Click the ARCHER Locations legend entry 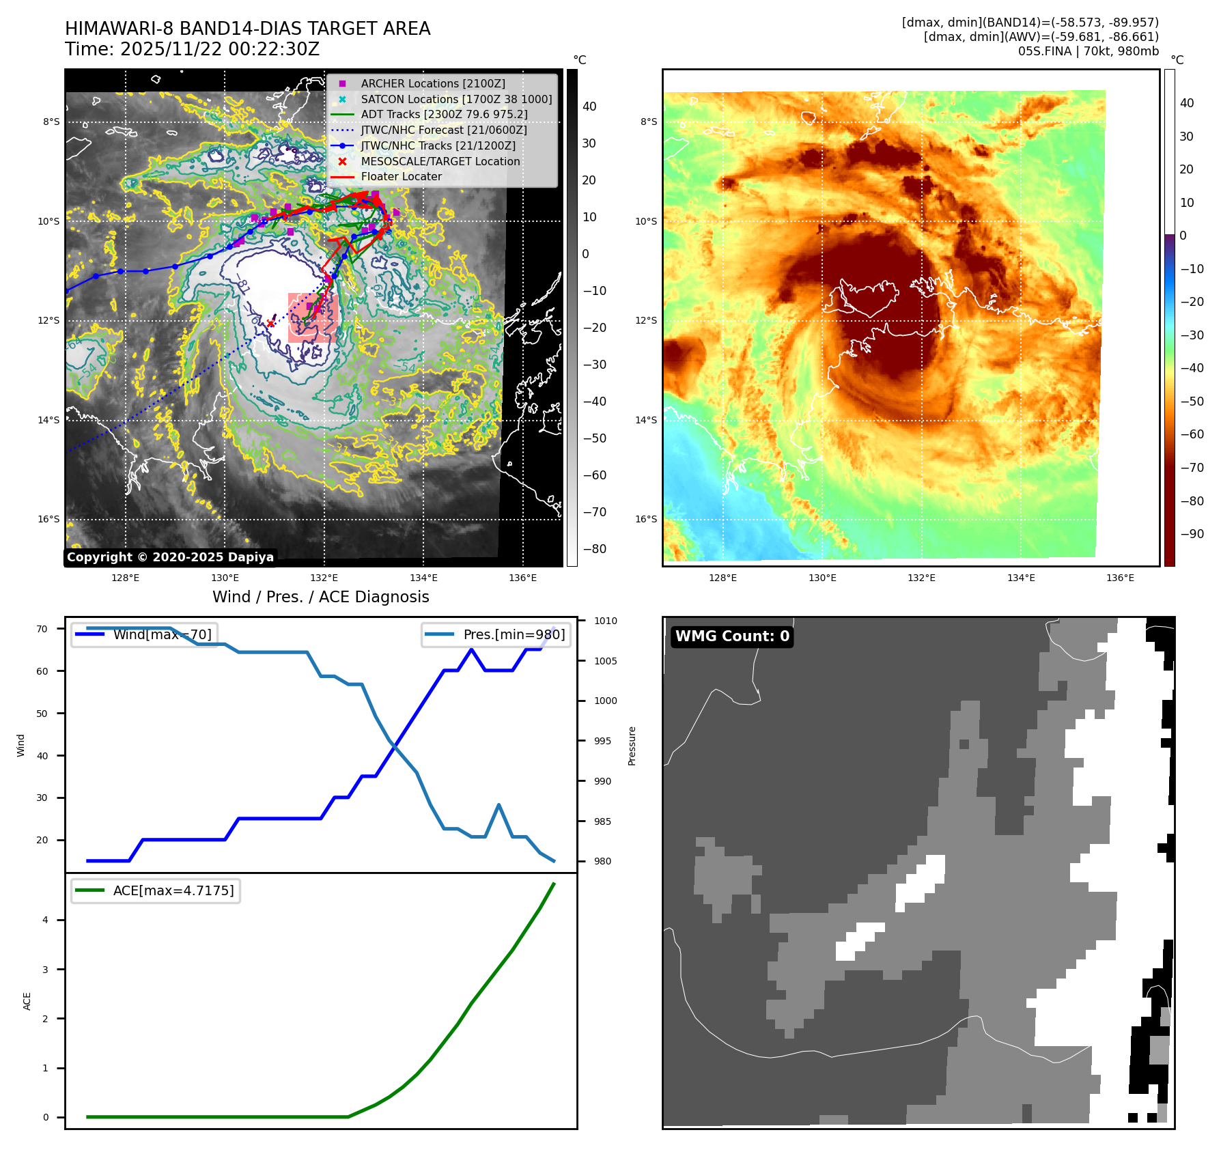click(x=433, y=83)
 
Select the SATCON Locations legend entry click(x=456, y=99)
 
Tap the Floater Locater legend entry click(x=401, y=176)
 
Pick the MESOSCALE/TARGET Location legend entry click(x=440, y=161)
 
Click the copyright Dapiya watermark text click(x=170, y=557)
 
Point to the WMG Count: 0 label click(x=732, y=636)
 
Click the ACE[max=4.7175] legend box click(x=156, y=890)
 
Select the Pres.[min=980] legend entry click(x=496, y=634)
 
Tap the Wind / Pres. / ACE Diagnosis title click(x=321, y=597)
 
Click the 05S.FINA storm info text click(x=1088, y=51)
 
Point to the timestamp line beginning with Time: click(x=192, y=49)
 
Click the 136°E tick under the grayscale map click(x=522, y=578)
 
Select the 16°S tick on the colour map click(x=646, y=519)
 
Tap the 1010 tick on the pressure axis click(x=605, y=621)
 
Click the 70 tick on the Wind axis click(x=42, y=629)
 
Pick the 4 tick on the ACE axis click(x=46, y=920)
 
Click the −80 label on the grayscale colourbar click(x=594, y=549)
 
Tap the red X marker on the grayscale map click(x=270, y=323)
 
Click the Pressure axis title click(x=632, y=746)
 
